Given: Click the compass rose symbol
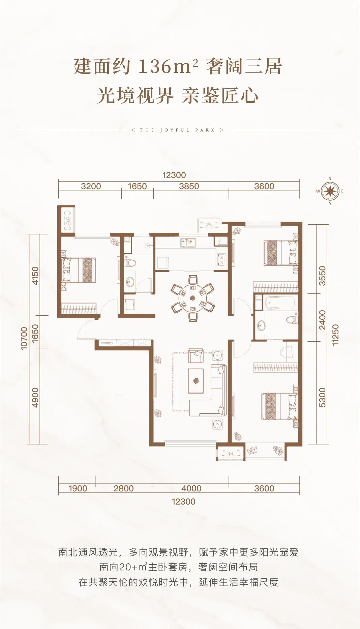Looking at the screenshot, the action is click(330, 191).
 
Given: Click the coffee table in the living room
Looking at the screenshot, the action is click(196, 381).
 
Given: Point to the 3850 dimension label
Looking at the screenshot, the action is click(189, 186).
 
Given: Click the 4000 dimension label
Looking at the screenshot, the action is click(191, 488).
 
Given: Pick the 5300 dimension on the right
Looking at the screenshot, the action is click(322, 398).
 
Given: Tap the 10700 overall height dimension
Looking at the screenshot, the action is click(24, 338).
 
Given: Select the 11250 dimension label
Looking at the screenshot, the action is click(335, 335).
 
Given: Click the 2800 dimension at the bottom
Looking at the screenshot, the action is click(124, 488).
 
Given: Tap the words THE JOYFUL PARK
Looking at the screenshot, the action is click(177, 130).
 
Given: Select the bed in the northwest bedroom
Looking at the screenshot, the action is click(79, 270).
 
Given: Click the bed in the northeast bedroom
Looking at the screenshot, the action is click(281, 253).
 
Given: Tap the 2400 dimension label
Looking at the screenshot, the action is click(322, 319).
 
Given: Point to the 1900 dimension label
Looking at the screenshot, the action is click(78, 488).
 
